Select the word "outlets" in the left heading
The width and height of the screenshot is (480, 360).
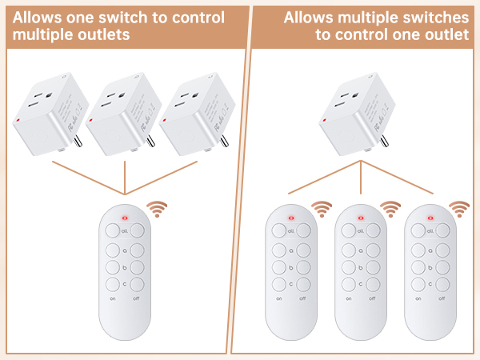pos(98,35)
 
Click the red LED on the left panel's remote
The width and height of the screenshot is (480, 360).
pos(125,217)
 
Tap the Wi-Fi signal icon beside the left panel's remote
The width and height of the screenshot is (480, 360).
pos(157,210)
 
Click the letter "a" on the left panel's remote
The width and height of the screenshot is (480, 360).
pos(126,248)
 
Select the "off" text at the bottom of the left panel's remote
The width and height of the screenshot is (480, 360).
pos(137,298)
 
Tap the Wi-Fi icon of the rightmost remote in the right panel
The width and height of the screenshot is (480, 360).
pos(458,210)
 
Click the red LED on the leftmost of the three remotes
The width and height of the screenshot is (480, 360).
pos(291,217)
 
